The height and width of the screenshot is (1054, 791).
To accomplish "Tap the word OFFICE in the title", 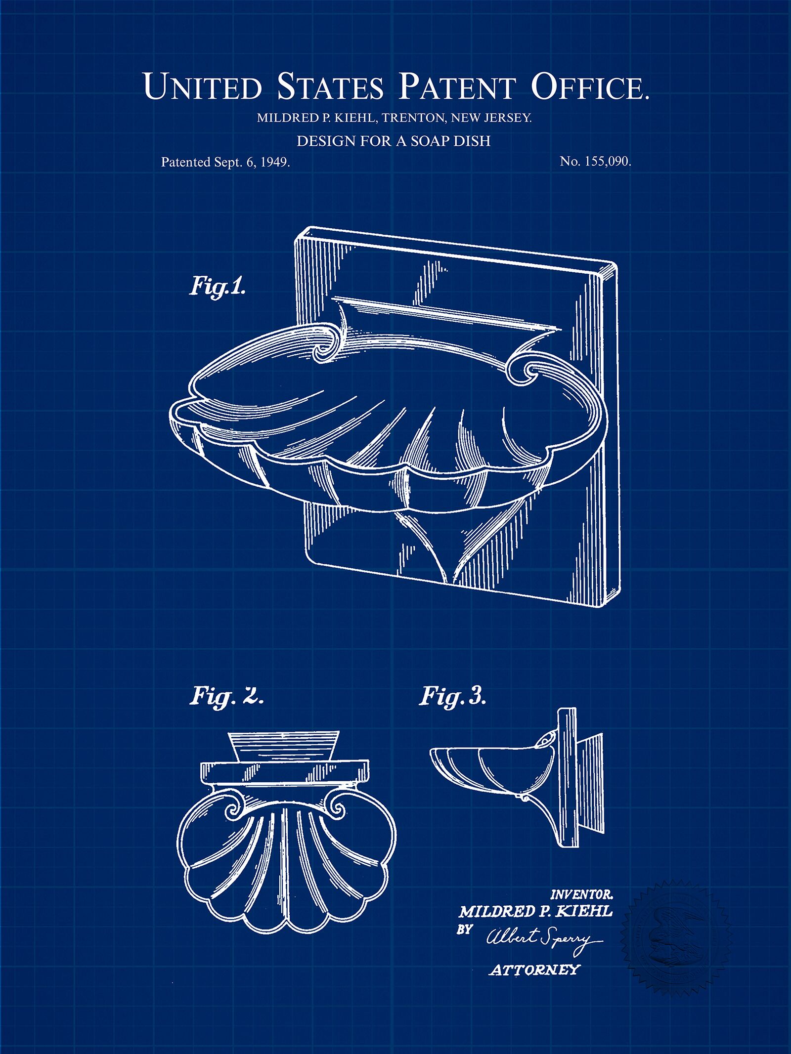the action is tap(589, 86).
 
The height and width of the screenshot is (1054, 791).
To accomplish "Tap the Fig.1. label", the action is tap(218, 287).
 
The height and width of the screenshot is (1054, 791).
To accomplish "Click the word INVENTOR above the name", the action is tap(581, 894).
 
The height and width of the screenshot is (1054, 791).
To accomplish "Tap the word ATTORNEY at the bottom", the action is tap(533, 970).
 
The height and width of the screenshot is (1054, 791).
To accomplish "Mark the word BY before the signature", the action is tap(464, 928).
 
